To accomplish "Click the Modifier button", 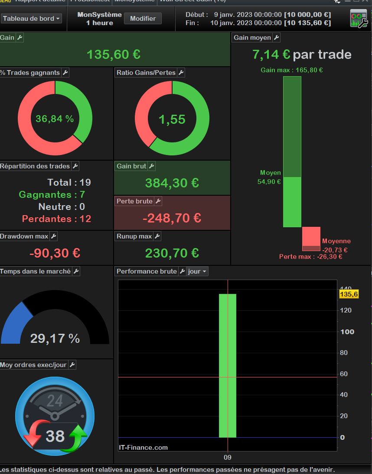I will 143,19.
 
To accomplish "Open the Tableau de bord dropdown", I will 32,19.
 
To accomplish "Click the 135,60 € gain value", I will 113,55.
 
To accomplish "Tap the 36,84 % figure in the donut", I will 55,119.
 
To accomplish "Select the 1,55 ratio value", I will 172,119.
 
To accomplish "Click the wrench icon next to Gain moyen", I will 276,38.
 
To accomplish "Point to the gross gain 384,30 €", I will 172,183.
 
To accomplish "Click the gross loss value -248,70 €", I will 172,218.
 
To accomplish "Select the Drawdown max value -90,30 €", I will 55,253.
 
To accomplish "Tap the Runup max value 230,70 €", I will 172,253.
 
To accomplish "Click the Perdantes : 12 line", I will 56,219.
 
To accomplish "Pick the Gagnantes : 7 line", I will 52,195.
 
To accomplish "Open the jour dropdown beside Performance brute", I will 197,271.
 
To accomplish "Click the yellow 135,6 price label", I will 349,294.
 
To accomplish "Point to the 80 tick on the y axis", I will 343,353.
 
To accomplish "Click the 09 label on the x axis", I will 228,457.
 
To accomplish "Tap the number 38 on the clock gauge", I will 55,436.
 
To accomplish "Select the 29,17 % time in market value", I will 55,339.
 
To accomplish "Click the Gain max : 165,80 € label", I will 291,70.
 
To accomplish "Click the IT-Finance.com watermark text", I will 143,448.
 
